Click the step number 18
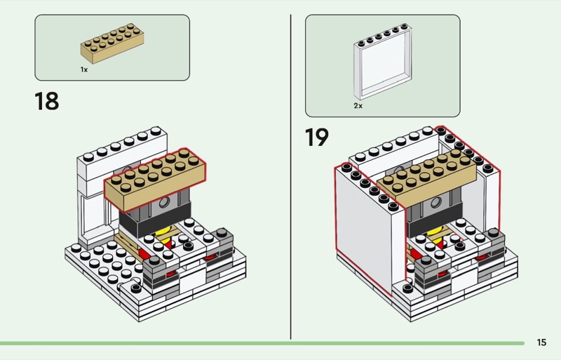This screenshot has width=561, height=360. [x=47, y=101]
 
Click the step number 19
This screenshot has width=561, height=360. [x=316, y=136]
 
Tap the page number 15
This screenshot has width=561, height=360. [x=541, y=342]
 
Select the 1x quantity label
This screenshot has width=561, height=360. [x=84, y=70]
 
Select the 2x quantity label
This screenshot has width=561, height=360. [x=358, y=105]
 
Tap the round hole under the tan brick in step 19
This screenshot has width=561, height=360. [x=438, y=204]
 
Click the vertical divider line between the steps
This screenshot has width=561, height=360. [x=291, y=175]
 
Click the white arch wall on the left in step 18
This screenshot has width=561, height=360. [x=90, y=204]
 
